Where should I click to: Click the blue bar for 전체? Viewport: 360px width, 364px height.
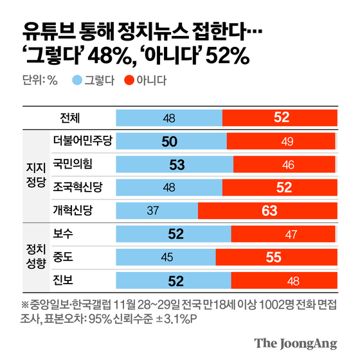pyautogui.click(x=169, y=118)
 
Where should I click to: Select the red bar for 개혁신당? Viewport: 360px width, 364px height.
pyautogui.click(x=269, y=210)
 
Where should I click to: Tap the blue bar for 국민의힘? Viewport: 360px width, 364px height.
pyautogui.click(x=175, y=164)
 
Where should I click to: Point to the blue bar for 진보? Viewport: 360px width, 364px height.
pyautogui.click(x=174, y=280)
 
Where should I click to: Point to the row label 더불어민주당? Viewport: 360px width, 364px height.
pyautogui.click(x=82, y=141)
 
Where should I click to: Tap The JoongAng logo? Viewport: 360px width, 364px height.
pyautogui.click(x=296, y=343)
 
